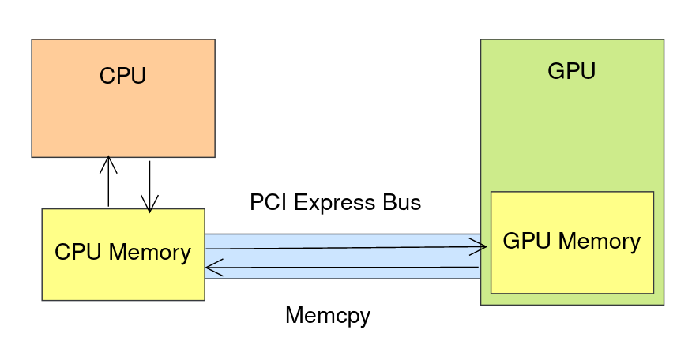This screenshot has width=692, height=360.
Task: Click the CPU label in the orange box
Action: tap(122, 76)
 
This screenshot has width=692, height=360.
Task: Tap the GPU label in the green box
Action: tap(571, 70)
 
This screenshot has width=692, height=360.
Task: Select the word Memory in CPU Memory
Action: tap(150, 253)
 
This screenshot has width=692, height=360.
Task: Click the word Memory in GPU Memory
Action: tap(600, 242)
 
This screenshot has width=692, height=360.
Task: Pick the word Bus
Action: tap(402, 202)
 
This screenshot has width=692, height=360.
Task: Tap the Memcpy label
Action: tap(328, 316)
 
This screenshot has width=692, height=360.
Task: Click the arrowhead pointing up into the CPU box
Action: tap(108, 164)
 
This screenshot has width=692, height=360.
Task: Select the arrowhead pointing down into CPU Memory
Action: tap(149, 204)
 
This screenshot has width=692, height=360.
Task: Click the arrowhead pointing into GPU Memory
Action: tap(479, 246)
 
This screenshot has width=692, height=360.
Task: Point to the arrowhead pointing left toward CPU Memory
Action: tap(215, 268)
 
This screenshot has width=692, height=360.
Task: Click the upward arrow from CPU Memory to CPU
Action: tap(108, 181)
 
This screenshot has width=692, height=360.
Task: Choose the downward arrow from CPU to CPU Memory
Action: tap(149, 187)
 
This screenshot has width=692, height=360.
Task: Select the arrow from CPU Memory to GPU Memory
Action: tap(347, 248)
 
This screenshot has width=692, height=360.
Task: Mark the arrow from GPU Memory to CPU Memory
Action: tap(342, 268)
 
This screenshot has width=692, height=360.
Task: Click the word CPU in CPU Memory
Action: tap(78, 252)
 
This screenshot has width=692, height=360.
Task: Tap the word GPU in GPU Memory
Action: tap(527, 241)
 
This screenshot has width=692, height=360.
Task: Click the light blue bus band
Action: tap(343, 257)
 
